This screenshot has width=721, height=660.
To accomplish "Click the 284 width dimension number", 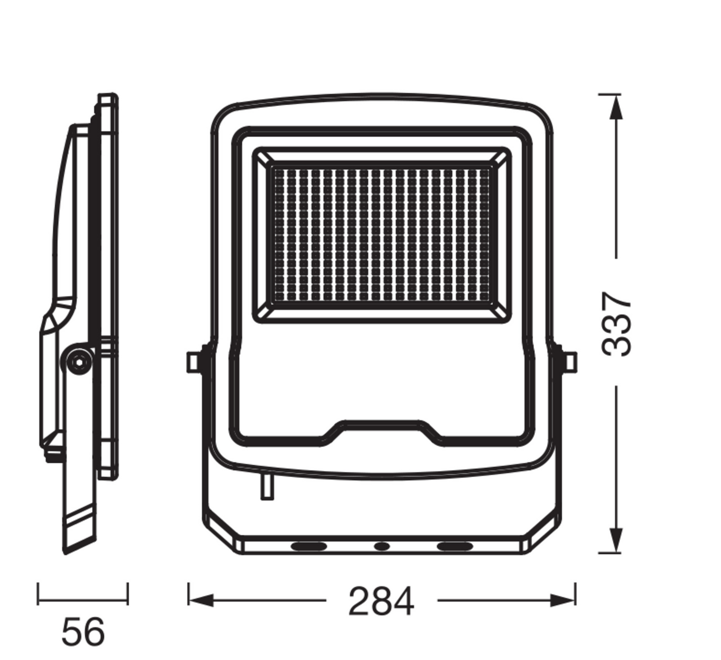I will (x=381, y=601).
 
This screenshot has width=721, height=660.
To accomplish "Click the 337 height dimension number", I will (x=616, y=323).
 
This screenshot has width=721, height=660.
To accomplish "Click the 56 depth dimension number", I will (x=83, y=632).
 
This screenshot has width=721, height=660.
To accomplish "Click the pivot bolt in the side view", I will (x=79, y=361).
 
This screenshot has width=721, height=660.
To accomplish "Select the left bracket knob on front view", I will (x=194, y=362).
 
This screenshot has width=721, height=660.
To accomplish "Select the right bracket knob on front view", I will (x=569, y=362).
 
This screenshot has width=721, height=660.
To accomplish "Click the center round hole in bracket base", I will (x=382, y=546).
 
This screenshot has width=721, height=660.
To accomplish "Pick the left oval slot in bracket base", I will (x=309, y=546).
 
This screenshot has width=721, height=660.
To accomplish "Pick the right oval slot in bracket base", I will (x=454, y=546).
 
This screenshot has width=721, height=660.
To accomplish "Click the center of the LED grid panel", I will (x=382, y=234).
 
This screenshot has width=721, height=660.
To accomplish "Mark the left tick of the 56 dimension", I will (x=38, y=593).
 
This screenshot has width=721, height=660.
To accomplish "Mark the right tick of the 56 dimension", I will (x=128, y=593).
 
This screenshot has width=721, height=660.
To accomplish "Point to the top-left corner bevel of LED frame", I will (x=263, y=157).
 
